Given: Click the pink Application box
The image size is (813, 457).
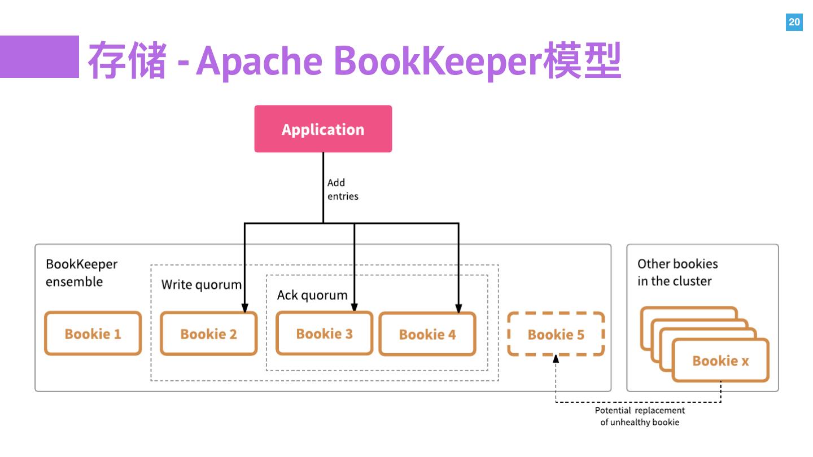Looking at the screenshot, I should (323, 129).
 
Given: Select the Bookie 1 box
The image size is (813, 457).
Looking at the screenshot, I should (93, 333).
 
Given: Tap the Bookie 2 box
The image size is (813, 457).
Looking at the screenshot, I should (208, 334).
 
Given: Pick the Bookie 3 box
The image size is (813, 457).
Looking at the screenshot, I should (324, 333).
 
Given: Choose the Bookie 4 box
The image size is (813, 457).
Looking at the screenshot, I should (427, 335).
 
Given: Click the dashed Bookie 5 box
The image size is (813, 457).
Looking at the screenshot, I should (556, 335).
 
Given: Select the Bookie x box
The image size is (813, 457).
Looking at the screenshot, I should (720, 361).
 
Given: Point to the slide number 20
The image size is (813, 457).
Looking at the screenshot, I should (794, 23).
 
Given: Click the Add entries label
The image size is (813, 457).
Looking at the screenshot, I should (342, 190).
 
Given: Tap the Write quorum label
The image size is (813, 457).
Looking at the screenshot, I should (201, 284).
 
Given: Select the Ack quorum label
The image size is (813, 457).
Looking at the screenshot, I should (312, 295).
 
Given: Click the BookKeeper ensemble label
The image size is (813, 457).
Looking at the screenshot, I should (81, 273).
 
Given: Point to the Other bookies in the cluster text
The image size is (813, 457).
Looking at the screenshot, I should (677, 273).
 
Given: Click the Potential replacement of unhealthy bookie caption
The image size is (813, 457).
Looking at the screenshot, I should (640, 416).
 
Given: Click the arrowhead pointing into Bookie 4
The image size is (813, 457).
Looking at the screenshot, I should (458, 309).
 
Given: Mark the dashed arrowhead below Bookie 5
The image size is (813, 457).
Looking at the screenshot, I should (556, 359).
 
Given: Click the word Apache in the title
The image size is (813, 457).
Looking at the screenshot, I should (259, 59).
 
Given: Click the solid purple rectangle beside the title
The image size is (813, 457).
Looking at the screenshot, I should (39, 56).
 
